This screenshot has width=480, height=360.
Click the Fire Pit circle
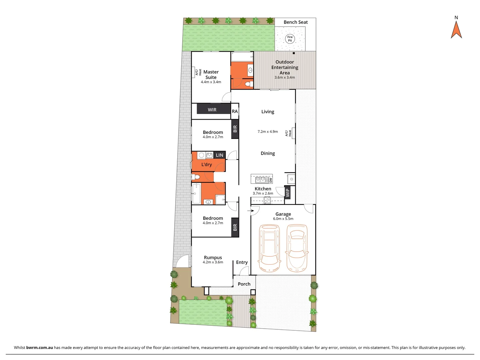click(x=290, y=39)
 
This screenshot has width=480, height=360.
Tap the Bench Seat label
click(x=296, y=22)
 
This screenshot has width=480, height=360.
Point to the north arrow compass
click(x=456, y=29)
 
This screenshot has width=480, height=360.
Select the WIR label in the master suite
click(x=212, y=110)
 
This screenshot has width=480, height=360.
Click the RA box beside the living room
click(x=235, y=111)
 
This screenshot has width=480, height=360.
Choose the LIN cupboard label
click(x=219, y=155)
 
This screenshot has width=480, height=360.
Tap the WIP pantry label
click(x=288, y=192)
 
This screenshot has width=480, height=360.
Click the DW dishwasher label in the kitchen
click(x=271, y=180)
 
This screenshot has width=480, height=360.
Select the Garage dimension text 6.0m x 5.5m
click(x=283, y=219)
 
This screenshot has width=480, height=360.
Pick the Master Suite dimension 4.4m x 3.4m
click(x=211, y=82)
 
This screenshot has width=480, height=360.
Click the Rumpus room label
click(x=213, y=257)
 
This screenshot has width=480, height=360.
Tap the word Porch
click(x=244, y=284)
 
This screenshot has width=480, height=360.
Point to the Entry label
click(x=242, y=262)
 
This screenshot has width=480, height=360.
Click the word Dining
click(x=268, y=153)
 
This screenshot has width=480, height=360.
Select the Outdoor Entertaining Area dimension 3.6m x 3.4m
click(x=285, y=77)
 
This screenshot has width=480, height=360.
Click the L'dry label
click(x=207, y=165)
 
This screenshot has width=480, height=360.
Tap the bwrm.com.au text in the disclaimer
click(x=40, y=348)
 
